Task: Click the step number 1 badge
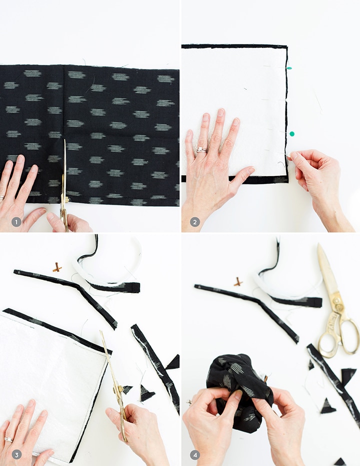pos(16,221)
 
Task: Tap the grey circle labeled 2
pos(194,221)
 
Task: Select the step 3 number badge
pos(16,454)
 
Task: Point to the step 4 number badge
pos(195,454)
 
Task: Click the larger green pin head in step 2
pos(292,134)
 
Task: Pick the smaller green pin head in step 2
pos(289,68)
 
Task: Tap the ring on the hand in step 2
pos(201,150)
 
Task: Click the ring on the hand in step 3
pos(8,439)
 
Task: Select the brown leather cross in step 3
pos(57,267)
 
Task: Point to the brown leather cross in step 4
pos(237,281)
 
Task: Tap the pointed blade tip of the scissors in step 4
pos(318,244)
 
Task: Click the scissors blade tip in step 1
pos(65,139)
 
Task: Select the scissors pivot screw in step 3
pos(117,388)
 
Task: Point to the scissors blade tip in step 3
pos(101,331)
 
